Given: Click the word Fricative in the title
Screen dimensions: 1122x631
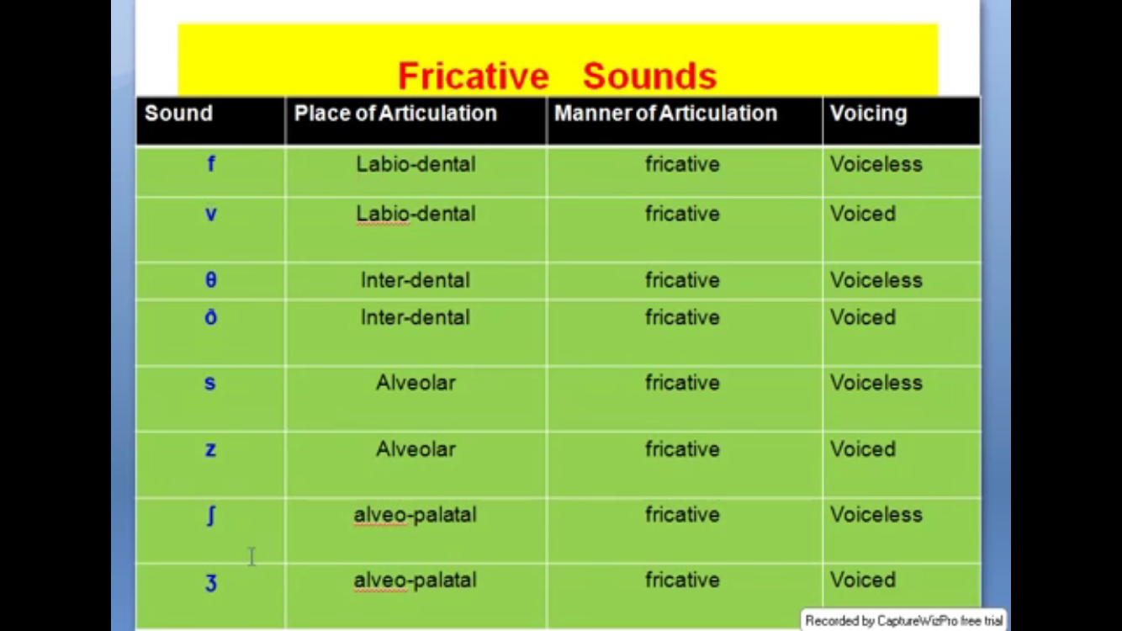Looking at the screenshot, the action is coord(474,77).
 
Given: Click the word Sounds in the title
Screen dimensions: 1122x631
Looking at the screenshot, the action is coord(649,77).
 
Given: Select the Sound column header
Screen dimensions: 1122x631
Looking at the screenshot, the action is coord(178,114).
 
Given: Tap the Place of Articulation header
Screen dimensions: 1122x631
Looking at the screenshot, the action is coord(395,114).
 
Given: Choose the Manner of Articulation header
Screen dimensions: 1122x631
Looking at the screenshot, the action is coord(665,114).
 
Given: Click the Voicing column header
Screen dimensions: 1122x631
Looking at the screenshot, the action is coord(868,114).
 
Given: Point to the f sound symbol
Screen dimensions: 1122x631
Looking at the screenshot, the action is coord(211,164).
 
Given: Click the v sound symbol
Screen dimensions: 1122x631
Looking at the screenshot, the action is coord(211,215).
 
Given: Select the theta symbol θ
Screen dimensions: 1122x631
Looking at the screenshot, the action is coord(211,279).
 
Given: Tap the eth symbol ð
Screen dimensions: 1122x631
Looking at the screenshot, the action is coord(211,316).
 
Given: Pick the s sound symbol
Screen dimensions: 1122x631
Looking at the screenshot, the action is coord(210,384).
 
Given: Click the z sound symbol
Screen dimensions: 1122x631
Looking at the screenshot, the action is coord(211,449).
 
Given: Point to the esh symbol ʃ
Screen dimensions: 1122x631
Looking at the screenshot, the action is coord(211,515).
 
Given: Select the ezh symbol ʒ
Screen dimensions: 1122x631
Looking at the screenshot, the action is coord(211,583).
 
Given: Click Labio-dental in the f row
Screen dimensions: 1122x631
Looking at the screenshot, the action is coord(415,164).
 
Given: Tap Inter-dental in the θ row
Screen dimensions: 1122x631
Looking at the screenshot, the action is coord(415,279).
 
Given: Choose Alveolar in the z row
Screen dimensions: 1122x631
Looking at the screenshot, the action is coord(415,449).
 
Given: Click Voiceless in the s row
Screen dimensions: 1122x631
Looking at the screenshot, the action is coord(876,383).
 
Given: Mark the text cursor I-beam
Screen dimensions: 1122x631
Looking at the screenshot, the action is coord(252,557).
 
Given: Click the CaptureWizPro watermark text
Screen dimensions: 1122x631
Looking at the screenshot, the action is coord(903,620).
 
